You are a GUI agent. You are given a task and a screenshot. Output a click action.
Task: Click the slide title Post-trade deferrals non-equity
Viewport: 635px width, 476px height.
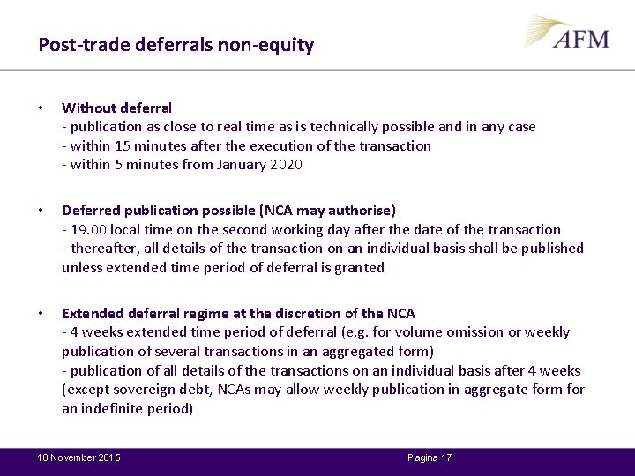176,45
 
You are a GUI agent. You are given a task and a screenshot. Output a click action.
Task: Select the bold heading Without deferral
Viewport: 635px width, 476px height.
116,108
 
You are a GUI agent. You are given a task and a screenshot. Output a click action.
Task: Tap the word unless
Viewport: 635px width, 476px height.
80,267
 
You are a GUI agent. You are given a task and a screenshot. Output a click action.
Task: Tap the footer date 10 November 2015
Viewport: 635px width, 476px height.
78,458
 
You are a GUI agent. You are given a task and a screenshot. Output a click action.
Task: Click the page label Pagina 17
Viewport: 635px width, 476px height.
430,458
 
